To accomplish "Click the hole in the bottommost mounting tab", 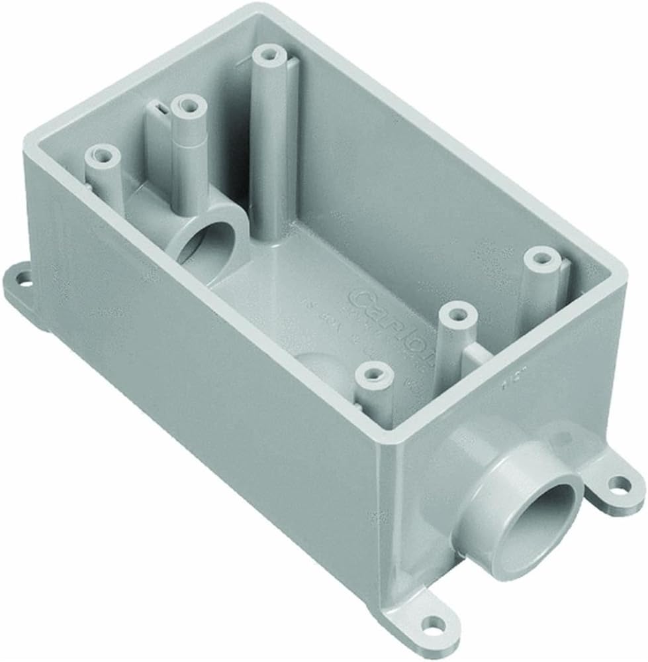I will pyautogui.click(x=432, y=624).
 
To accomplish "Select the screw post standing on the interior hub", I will pyautogui.click(x=189, y=106).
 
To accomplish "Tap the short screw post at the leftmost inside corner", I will pyautogui.click(x=103, y=156).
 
